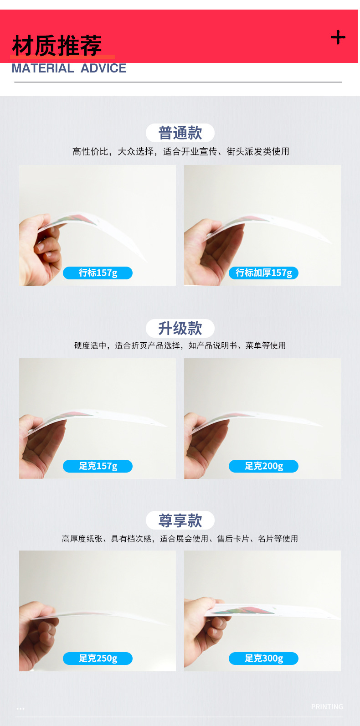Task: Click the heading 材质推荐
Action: [57, 46]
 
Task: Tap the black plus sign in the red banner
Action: [338, 37]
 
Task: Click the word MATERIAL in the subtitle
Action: [42, 68]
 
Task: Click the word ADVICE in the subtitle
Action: [103, 68]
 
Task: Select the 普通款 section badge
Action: [180, 133]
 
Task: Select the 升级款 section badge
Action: [180, 328]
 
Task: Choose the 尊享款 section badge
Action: [180, 520]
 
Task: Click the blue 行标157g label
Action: [98, 273]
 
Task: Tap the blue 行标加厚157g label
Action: [263, 273]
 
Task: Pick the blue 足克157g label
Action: [98, 466]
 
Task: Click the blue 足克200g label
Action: [263, 466]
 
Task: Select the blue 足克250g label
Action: [98, 659]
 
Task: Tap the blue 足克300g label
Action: [263, 659]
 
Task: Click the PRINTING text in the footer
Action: [327, 707]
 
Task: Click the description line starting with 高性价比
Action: [180, 152]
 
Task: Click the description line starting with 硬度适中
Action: [180, 345]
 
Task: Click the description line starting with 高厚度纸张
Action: [180, 539]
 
